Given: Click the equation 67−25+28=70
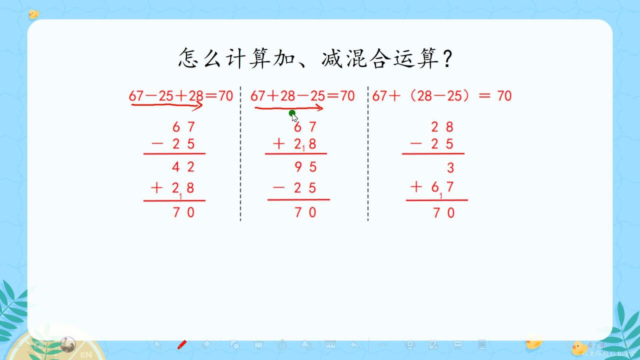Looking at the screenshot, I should [180, 95].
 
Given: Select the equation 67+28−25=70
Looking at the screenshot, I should [302, 95].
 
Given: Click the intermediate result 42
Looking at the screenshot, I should [183, 166].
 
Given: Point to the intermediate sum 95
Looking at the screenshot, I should [305, 166].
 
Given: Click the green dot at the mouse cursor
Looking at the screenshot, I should [292, 113].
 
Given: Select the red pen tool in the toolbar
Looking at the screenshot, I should [182, 345].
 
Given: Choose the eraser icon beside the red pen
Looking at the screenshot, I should [206, 345].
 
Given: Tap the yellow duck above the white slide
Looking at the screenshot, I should [33, 14].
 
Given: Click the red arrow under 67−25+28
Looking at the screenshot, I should [166, 105].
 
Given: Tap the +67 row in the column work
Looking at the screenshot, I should [433, 187].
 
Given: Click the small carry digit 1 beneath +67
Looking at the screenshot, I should [441, 196].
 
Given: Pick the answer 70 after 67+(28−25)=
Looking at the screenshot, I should [504, 95].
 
